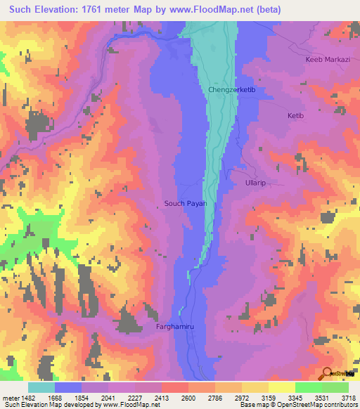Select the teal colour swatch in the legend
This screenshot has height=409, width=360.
click(41, 387)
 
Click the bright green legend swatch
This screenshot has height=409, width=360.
click(308, 387)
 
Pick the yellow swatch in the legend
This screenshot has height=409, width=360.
click(281, 387)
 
